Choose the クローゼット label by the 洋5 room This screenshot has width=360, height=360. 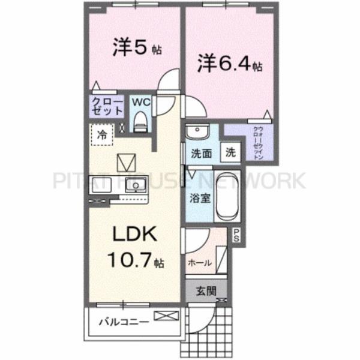[107, 106]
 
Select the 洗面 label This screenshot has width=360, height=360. [201, 153]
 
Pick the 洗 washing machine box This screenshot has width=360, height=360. [230, 152]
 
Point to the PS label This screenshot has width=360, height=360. [237, 235]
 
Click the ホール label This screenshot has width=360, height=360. [199, 263]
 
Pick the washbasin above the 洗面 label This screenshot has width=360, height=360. [196, 132]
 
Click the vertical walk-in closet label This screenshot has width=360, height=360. [257, 142]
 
